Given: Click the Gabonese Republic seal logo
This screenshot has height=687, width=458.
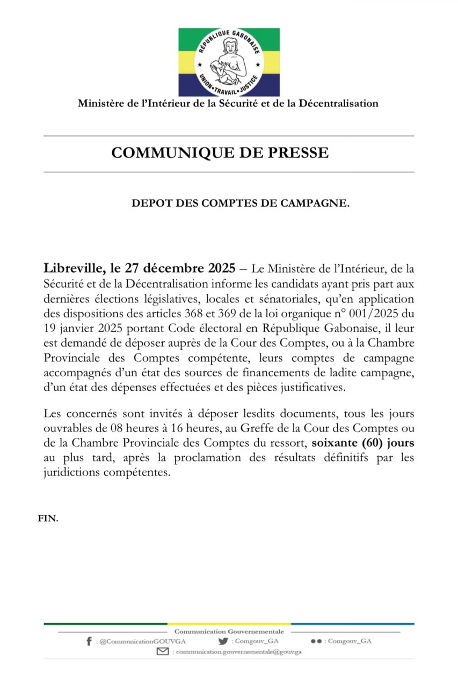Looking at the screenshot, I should point(229,62).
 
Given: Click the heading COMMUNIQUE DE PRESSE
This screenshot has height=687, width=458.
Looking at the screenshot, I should point(220,153).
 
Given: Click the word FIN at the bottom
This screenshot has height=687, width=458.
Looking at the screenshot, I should point(48,519).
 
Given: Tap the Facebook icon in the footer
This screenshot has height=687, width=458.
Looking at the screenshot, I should point(89,641).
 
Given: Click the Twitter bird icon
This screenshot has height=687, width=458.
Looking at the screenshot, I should point(223,641).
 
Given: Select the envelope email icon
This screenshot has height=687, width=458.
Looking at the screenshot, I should point(163,652).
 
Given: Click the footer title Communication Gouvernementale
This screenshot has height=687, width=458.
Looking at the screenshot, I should point(229,632).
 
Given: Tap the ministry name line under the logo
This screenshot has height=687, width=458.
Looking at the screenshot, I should point(228,104).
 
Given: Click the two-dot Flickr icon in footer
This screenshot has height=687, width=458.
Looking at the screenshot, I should point(316,641).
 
